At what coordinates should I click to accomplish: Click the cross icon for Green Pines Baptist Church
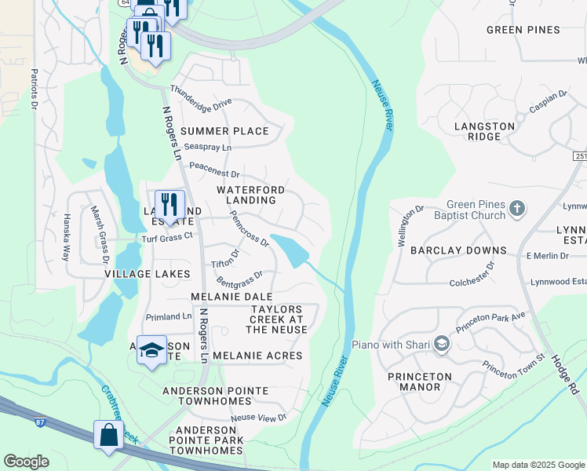[516, 209]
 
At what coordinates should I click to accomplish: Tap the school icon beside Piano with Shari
[442, 345]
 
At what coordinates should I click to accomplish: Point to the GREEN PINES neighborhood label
[523, 30]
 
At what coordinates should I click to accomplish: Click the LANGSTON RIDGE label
[484, 131]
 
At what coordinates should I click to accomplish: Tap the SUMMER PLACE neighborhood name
[224, 131]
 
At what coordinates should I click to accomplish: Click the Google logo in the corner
[26, 462]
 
